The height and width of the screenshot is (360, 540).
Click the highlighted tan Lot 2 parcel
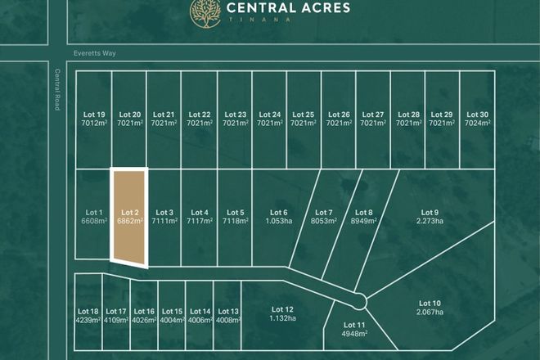[129, 217]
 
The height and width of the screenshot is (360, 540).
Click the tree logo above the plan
[203, 11]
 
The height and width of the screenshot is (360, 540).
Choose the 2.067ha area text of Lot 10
[430, 312]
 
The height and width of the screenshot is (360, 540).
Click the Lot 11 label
[355, 326]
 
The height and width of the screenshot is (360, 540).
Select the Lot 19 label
[95, 115]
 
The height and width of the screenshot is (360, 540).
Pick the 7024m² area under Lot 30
[477, 123]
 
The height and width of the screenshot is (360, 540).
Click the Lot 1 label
[94, 212]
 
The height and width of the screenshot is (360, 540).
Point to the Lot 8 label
[364, 212]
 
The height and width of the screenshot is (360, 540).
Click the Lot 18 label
[88, 312]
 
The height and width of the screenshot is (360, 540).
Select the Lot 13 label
[229, 312]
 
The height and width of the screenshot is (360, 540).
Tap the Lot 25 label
[304, 115]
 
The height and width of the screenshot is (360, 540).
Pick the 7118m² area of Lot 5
[236, 221]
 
